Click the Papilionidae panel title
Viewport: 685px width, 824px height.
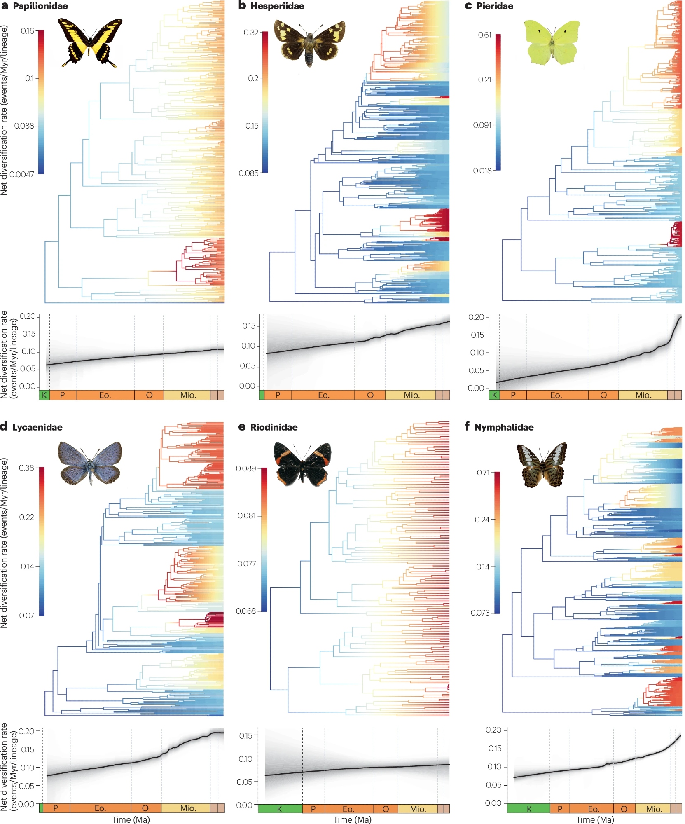pos(40,6)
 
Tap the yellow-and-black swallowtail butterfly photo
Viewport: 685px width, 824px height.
pos(90,42)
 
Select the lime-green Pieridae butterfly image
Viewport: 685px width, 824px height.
pos(552,42)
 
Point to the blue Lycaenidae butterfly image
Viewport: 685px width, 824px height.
pos(90,463)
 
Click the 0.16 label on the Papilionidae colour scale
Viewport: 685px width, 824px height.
pos(28,31)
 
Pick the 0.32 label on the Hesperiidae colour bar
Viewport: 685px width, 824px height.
pos(250,32)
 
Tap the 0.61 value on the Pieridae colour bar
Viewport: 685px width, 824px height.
pos(484,35)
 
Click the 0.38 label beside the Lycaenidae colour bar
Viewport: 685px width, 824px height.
pos(26,468)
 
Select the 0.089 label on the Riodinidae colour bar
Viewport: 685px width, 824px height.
pos(245,468)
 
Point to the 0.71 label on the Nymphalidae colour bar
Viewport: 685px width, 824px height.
pos(483,473)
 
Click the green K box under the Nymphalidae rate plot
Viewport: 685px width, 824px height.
pos(528,809)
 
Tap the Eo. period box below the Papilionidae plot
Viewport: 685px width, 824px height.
pos(105,395)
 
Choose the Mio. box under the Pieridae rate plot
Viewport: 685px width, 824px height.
pos(643,395)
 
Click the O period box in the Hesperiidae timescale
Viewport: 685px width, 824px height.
pos(370,395)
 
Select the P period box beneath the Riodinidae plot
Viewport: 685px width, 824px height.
pos(313,809)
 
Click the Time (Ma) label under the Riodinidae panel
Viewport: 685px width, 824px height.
pos(352,819)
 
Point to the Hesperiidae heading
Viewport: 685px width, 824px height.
pos(277,6)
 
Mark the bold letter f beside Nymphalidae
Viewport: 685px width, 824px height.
pos(467,426)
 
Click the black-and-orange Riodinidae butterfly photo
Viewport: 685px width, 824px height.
pos(302,463)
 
